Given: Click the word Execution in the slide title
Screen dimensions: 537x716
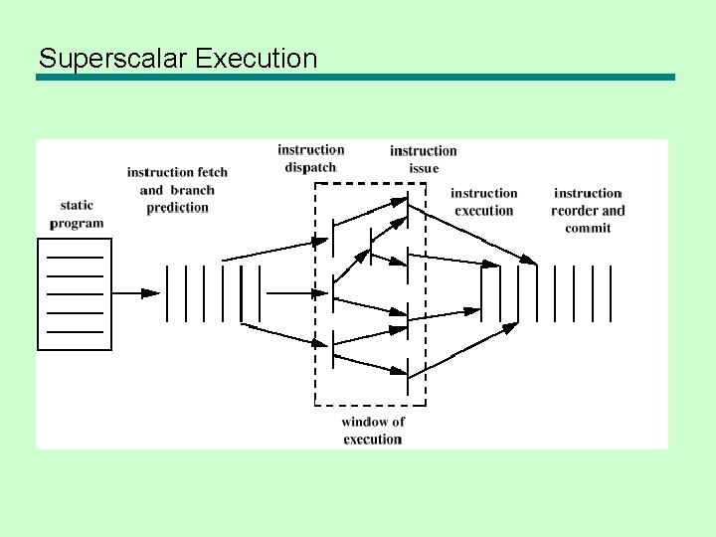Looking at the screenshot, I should pos(257,59).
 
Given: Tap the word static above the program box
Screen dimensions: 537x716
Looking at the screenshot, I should pos(77,206).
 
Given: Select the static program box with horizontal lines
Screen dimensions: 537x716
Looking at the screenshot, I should pos(75,293).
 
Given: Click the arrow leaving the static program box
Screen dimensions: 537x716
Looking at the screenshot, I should pos(135,293).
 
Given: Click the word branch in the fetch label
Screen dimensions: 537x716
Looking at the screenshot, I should pos(192,190).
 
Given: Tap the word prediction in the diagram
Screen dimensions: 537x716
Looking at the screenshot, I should pos(177,208).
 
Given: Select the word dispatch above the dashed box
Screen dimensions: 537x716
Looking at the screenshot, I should pos(310,168).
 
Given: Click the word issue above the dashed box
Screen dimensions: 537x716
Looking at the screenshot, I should pos(424,169).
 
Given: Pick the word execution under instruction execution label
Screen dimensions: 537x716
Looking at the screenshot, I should pos(484,211).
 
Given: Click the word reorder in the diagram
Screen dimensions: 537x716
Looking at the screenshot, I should pos(575,211).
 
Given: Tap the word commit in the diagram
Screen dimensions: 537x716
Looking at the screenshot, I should pos(588,229).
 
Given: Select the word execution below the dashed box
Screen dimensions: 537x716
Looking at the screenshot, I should pos(372,440).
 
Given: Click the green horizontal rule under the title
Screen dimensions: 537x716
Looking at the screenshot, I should pos(355,77).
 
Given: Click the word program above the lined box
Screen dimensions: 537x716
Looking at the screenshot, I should pos(77,224).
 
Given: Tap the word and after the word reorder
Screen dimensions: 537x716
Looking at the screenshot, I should pos(614,211).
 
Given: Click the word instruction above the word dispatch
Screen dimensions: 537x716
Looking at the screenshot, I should pos(311,150).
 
